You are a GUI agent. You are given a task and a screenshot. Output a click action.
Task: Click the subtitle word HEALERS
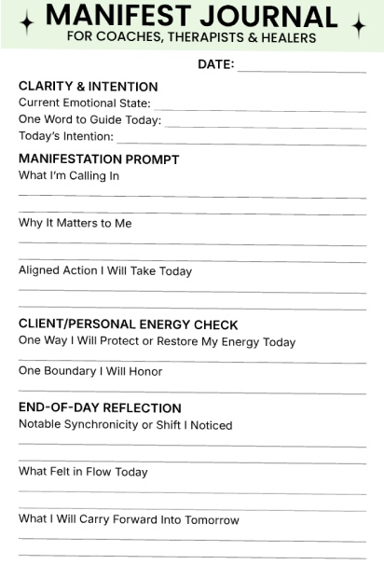(284, 38)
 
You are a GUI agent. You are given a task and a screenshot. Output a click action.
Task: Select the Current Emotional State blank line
(259, 109)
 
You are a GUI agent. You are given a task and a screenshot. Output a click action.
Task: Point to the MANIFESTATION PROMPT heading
(99, 159)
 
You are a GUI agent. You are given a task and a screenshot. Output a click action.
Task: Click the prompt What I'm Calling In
(69, 176)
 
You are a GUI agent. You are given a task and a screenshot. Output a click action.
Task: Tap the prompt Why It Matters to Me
(75, 223)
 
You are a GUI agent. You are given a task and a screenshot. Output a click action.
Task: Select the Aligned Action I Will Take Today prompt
(105, 271)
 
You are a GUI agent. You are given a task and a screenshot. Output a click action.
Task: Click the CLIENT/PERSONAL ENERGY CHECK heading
(129, 325)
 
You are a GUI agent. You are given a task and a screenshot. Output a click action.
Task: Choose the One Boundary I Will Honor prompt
(90, 371)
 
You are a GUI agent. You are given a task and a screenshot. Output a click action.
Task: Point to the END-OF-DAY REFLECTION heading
(100, 408)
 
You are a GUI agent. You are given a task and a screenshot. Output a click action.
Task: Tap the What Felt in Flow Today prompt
(83, 472)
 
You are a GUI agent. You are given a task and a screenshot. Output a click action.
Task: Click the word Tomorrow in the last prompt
(210, 520)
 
